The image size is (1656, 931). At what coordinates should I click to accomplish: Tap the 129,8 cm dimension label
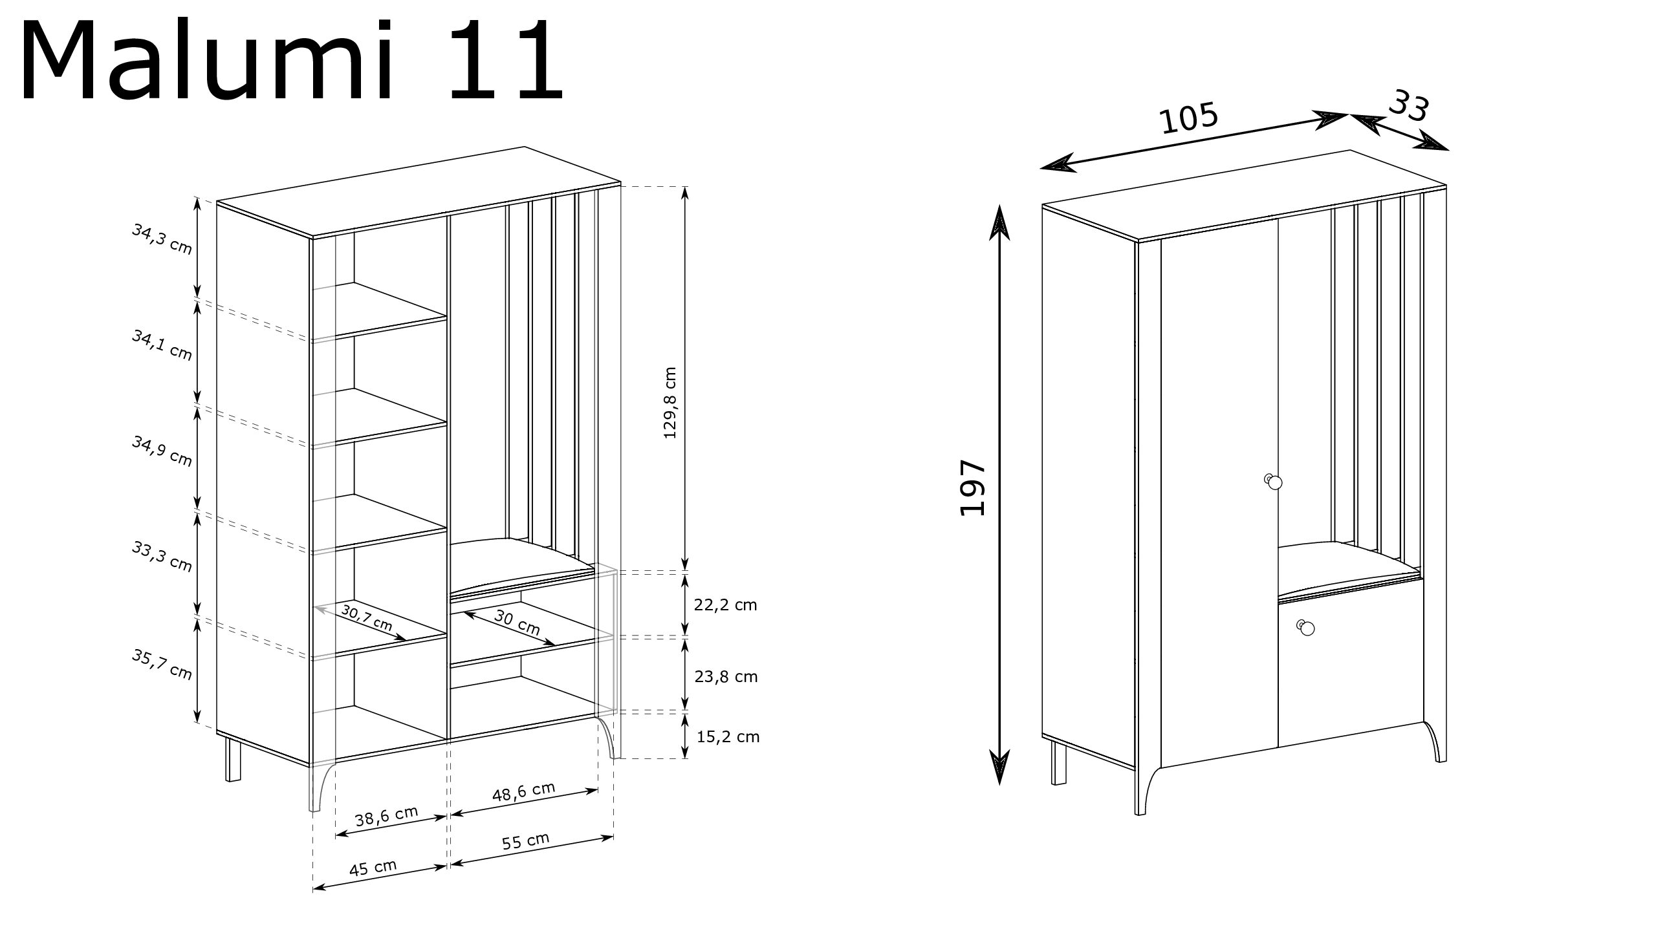[x=670, y=403]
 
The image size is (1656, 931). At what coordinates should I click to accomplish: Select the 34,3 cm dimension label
[x=162, y=239]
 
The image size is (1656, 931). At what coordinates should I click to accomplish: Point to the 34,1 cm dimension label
[x=162, y=345]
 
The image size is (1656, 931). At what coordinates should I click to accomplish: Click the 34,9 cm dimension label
[x=162, y=451]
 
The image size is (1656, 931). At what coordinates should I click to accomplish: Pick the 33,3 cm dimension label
[x=162, y=557]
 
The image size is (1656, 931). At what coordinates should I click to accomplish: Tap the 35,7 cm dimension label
[x=162, y=664]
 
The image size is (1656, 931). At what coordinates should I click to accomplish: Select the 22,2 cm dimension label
[x=725, y=605]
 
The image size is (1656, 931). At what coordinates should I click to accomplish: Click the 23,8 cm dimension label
[x=726, y=677]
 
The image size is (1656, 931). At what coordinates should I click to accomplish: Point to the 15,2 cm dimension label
[x=728, y=736]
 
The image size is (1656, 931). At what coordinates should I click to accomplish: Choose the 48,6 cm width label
[x=523, y=792]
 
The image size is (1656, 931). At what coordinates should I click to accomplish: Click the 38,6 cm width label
[x=387, y=817]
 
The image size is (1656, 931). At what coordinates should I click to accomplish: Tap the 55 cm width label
[x=525, y=841]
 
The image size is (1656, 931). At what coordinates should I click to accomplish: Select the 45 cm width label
[x=373, y=868]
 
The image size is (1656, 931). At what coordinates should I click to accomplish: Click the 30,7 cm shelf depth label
[x=367, y=617]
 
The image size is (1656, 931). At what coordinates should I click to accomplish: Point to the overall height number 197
[x=972, y=488]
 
